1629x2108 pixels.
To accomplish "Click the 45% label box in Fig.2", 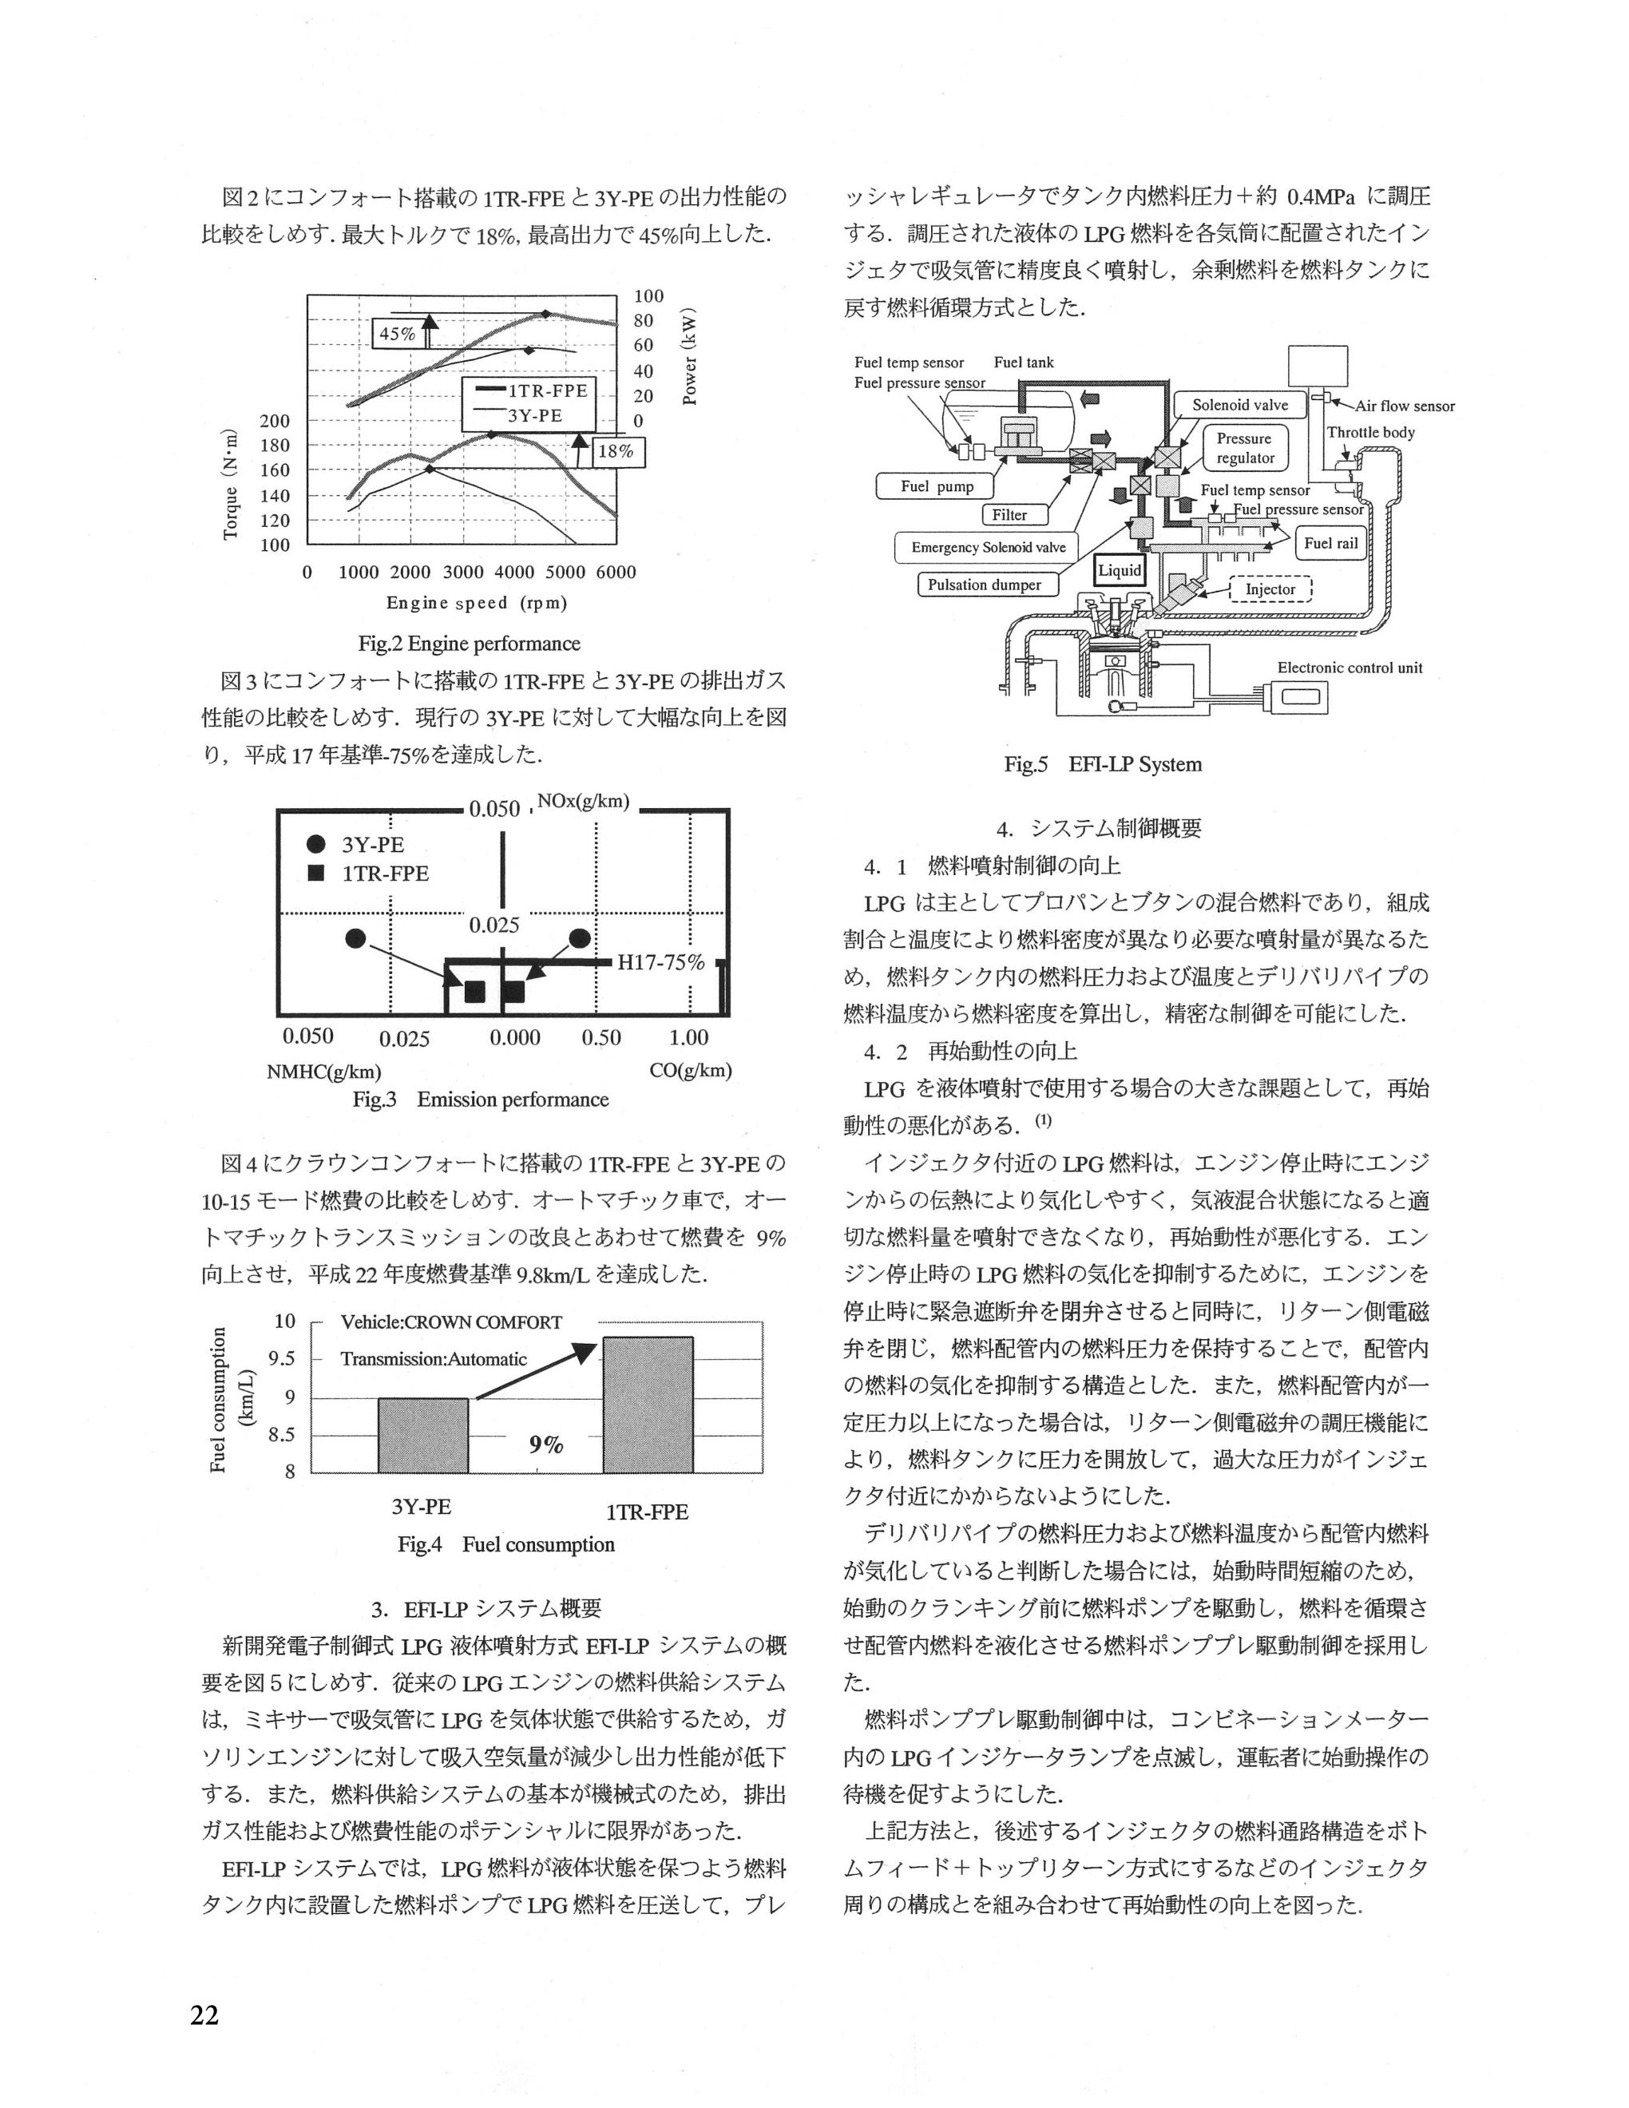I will tap(397, 334).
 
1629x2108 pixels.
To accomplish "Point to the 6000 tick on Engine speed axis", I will tap(616, 572).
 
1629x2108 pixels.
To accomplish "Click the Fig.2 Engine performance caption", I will tap(469, 644).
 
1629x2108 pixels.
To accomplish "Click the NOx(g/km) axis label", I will tap(583, 801).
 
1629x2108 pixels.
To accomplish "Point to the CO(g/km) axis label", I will tap(690, 1071).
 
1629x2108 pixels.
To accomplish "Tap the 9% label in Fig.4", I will tap(545, 1445).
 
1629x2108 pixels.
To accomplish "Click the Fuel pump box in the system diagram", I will tap(936, 486).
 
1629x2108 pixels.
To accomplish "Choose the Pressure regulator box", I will tap(1245, 449).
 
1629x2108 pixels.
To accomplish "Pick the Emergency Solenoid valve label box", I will tap(989, 547).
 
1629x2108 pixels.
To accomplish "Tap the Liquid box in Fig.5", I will tap(1120, 570).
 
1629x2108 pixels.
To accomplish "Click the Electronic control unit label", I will tap(1350, 668).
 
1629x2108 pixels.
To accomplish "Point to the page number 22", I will tap(204, 2015).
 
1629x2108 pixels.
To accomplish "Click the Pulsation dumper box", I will tap(985, 585).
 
